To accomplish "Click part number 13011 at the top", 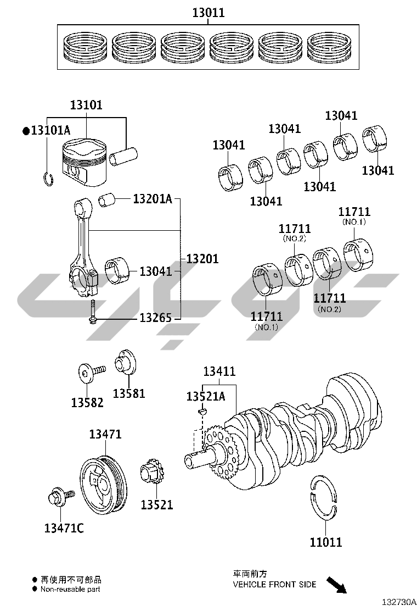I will point(208,12).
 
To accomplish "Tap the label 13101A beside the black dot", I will point(50,131).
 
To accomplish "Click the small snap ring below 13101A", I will point(48,179).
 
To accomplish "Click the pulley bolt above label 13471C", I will point(58,498).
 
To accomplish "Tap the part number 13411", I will point(219,372).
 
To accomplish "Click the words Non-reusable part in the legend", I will point(70,589).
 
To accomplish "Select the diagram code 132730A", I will point(398,602).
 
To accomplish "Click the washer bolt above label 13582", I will point(88,374).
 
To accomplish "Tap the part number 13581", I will point(129,393).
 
